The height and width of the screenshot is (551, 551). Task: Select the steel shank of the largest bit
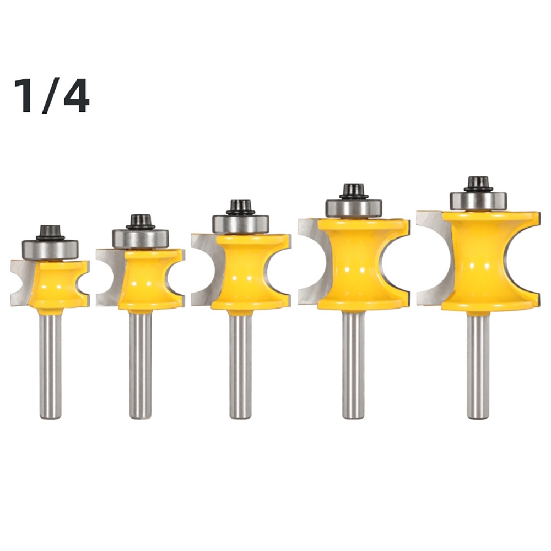coord(478,364)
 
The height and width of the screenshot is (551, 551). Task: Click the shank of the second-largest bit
coord(354,364)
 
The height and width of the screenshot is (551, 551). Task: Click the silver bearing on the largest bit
coord(478,201)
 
